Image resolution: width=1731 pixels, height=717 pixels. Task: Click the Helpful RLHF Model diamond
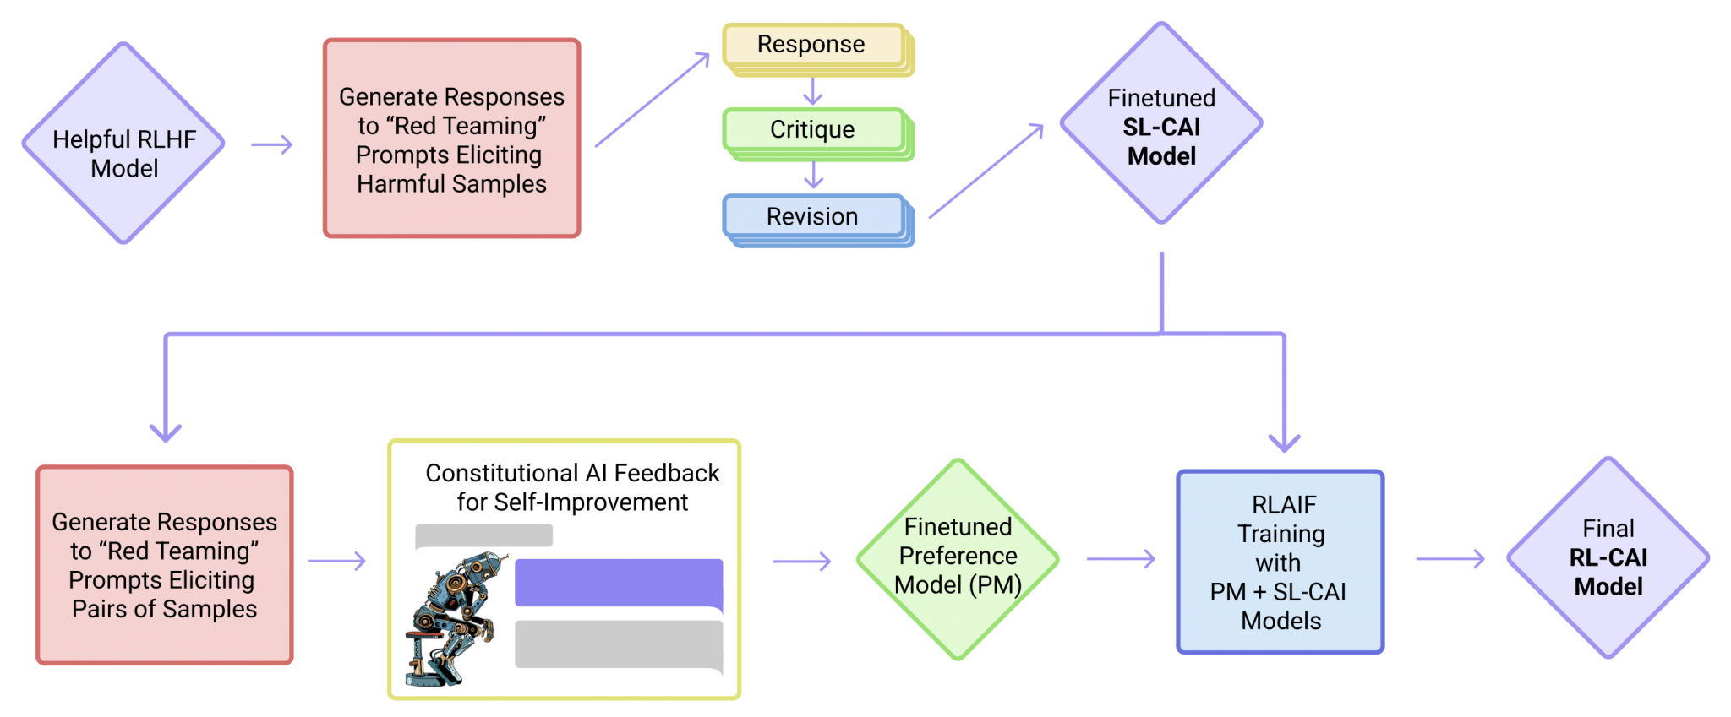(123, 144)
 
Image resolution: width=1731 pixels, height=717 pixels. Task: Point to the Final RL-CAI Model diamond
(1608, 557)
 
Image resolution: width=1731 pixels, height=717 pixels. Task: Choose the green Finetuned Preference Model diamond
(958, 557)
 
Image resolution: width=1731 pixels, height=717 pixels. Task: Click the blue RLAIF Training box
(1280, 562)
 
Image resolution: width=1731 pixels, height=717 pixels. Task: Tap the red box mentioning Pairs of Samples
(165, 564)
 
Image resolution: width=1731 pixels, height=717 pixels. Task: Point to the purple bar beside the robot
(619, 582)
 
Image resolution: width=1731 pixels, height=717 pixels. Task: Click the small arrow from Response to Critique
(812, 91)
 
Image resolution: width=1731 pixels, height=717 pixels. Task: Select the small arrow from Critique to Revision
(813, 176)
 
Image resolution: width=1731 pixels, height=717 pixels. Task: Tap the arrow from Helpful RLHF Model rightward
(272, 145)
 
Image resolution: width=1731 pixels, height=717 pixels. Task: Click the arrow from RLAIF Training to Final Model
(1450, 558)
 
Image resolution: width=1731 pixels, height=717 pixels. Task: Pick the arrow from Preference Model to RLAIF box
(1121, 558)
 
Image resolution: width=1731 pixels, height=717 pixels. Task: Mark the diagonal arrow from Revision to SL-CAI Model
(986, 171)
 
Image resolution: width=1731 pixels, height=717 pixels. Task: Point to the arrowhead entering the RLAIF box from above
(1284, 442)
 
